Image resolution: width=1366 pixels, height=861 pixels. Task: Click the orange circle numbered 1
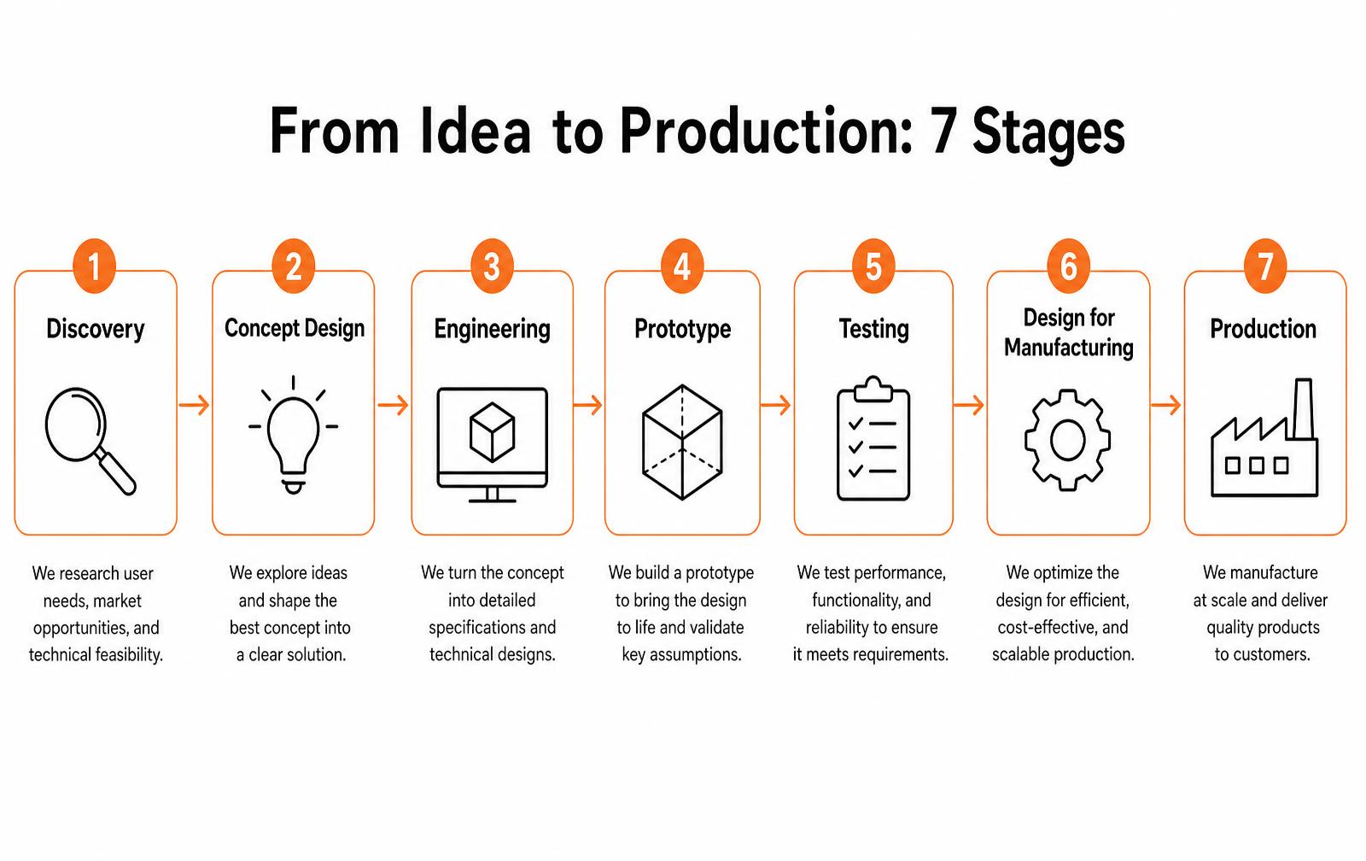pos(94,266)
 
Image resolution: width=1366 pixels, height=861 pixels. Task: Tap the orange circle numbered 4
pos(682,266)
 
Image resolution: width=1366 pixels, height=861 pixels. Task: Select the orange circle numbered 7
pos(1265,266)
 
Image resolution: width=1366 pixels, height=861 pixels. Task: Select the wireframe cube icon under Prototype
pos(682,442)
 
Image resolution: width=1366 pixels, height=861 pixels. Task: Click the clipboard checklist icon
pos(873,439)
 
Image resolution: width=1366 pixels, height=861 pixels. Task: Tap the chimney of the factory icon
pos(1303,409)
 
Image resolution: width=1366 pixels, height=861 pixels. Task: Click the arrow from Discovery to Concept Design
pos(194,405)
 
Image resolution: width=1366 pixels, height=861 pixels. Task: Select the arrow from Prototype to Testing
pos(776,405)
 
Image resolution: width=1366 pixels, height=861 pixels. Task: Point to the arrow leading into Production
pos(1165,405)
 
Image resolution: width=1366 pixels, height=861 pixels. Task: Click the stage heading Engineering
pos(492,330)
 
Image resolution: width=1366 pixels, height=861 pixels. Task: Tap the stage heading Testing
pos(874,329)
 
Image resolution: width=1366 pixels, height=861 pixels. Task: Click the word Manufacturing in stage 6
pos(1068,348)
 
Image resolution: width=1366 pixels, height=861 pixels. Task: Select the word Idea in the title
pos(476,132)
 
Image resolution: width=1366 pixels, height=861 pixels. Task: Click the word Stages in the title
pos(1048,134)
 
